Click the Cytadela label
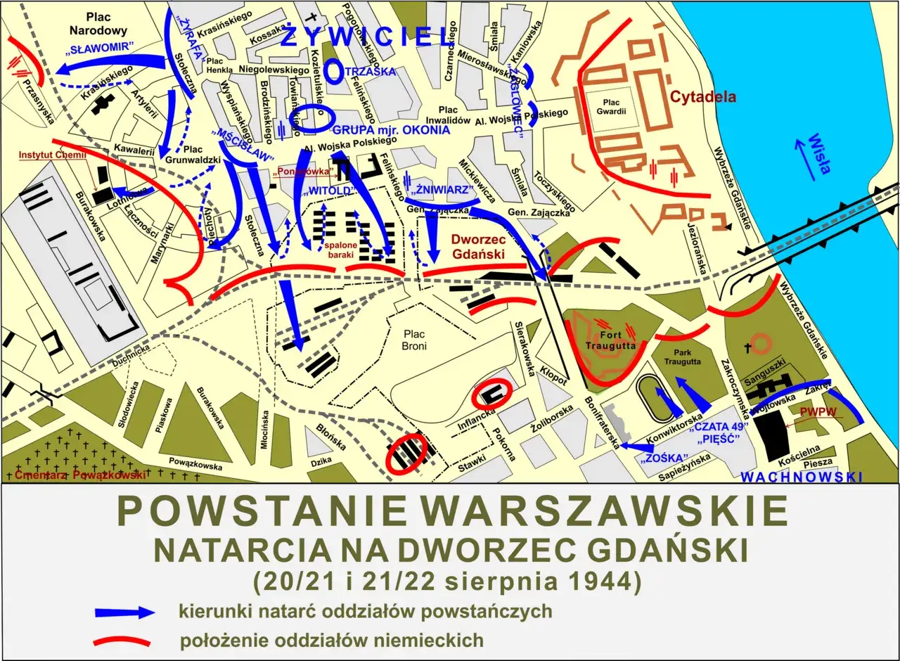coord(702,97)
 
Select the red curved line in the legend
coord(122,640)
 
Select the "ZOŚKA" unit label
coord(664,459)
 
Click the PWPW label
coord(821,413)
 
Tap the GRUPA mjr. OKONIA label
coord(391,130)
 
